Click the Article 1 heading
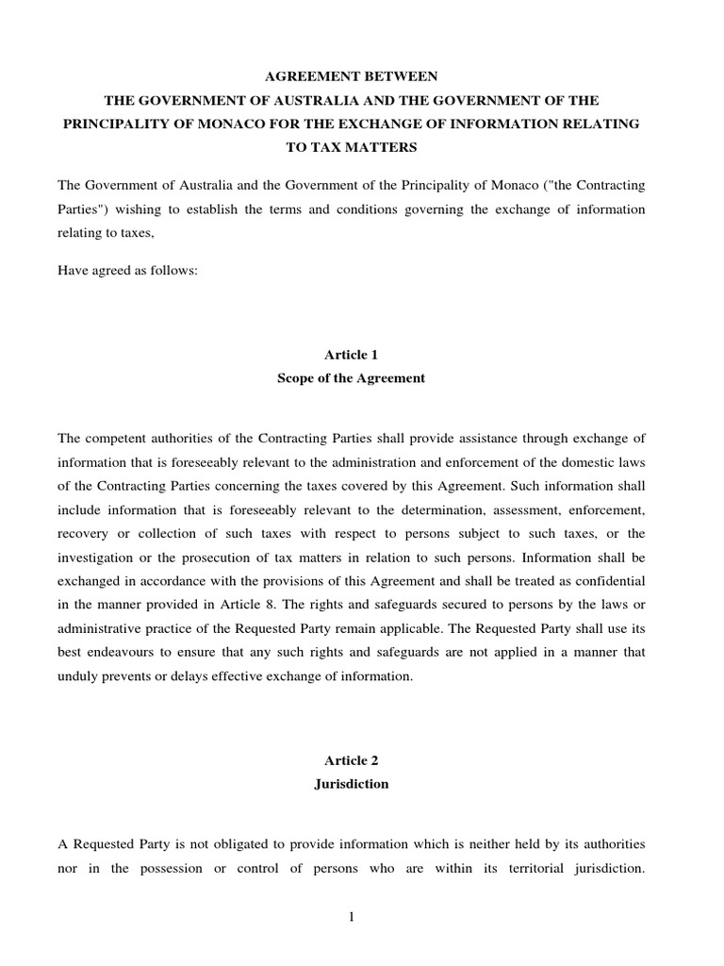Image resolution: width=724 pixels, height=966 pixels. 351,354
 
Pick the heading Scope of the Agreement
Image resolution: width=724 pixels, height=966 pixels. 351,378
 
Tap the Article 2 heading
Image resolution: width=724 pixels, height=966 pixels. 351,759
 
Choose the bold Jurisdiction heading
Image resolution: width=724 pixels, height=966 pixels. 351,784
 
